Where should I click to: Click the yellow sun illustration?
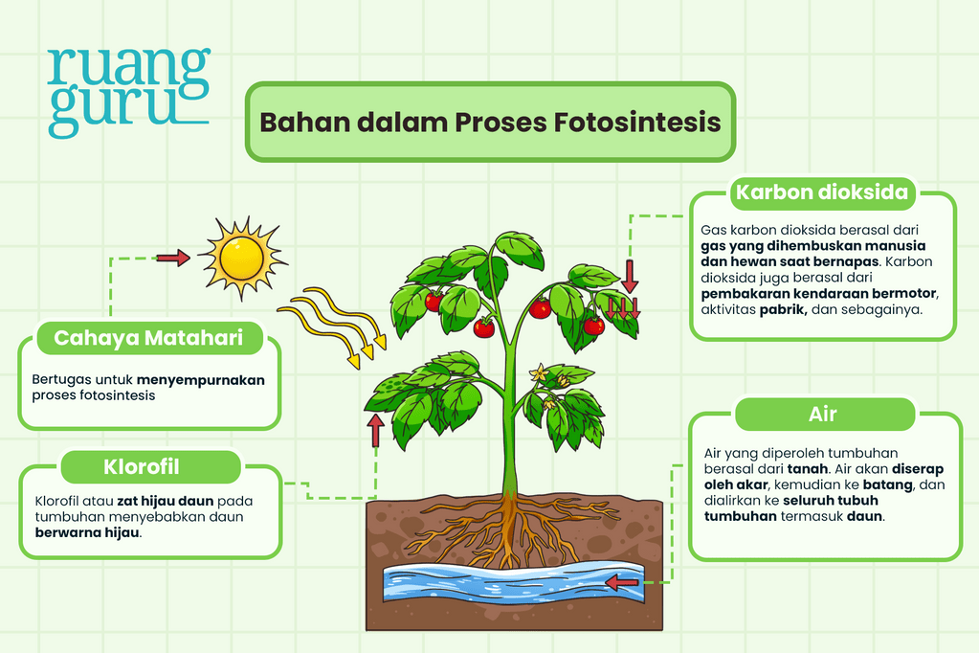[x=241, y=258]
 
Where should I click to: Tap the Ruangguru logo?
[x=128, y=93]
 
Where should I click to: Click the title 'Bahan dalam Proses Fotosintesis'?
[x=490, y=122]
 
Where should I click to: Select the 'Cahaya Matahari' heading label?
[x=148, y=338]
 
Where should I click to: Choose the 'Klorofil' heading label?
[x=142, y=467]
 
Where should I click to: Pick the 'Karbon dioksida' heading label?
[x=822, y=191]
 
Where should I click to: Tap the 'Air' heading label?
[x=822, y=415]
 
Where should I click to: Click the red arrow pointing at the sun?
[x=173, y=258]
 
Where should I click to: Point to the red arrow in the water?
[x=622, y=583]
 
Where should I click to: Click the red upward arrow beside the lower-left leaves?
[x=376, y=430]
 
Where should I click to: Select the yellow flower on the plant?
[x=539, y=373]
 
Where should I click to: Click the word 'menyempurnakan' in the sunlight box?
[x=200, y=380]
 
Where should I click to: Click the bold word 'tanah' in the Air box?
[x=808, y=468]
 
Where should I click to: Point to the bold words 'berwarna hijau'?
[x=87, y=533]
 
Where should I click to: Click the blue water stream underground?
[x=513, y=582]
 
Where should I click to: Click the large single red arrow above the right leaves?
[x=630, y=276]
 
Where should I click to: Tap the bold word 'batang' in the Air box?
[x=887, y=484]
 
